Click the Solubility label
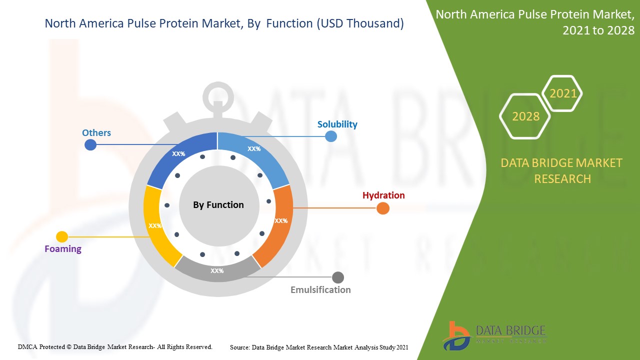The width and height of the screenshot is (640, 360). (337, 124)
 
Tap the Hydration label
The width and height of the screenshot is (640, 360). (383, 195)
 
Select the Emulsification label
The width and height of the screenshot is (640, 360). (320, 289)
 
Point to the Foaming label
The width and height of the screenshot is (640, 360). (63, 248)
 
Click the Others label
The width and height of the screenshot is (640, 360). (96, 132)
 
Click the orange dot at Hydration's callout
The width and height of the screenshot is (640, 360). (382, 208)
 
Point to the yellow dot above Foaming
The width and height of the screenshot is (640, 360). (62, 236)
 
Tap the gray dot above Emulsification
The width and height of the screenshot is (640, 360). (338, 277)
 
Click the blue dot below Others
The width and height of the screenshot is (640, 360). (90, 145)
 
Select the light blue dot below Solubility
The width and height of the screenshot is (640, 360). (331, 136)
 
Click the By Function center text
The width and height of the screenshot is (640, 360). (218, 205)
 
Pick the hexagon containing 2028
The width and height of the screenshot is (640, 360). (525, 116)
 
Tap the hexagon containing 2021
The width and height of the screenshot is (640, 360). (563, 93)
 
